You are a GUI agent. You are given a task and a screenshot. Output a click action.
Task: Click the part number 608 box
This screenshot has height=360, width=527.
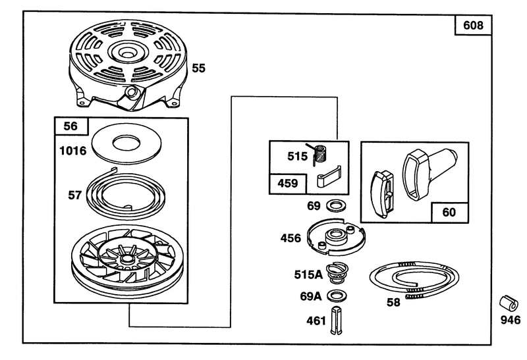pos(473,25)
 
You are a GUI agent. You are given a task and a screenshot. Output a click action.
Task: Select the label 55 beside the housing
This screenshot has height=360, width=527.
pos(198,68)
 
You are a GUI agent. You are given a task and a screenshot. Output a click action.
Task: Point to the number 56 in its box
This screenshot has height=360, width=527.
pos(70,126)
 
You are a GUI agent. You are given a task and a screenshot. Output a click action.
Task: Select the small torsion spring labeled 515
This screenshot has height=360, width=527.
pos(319,154)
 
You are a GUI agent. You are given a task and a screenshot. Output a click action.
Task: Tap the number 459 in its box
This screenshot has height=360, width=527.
pos(288,184)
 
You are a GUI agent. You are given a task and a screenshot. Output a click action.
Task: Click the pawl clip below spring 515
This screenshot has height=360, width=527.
pos(329,176)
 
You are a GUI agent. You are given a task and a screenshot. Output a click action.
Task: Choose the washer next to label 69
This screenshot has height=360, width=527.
pos(337,205)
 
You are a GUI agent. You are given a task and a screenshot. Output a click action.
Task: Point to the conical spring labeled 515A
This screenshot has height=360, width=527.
pos(337,273)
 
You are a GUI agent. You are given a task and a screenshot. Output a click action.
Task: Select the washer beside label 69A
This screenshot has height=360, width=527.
pos(337,296)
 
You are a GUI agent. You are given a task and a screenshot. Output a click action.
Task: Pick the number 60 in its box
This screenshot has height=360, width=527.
pos(449,212)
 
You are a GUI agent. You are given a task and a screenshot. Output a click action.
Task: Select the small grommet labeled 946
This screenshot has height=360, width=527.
pos(509,303)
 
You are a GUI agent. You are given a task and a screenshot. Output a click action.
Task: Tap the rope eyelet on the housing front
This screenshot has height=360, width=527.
pos(130,91)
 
